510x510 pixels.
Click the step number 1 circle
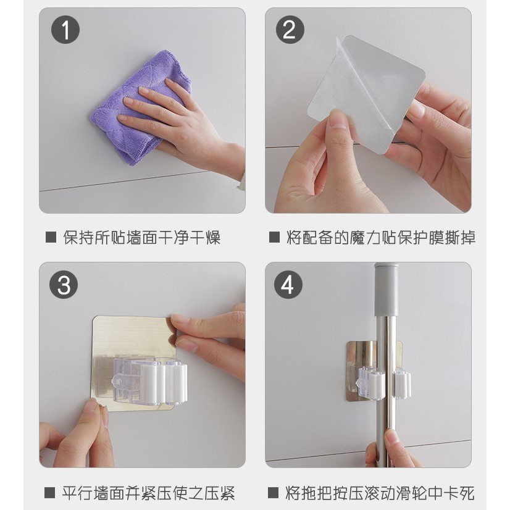65,30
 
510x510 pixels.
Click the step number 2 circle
290,30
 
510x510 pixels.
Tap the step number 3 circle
64,285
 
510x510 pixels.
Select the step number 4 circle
288,285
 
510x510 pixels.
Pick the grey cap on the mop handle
386,290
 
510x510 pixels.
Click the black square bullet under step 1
51,237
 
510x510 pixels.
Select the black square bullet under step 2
274,237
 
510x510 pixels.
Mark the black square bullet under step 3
49,493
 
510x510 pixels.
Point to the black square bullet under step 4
273,493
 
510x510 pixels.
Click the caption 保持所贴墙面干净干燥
142,238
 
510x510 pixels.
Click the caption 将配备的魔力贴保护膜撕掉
381,238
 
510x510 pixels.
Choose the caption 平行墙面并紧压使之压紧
148,493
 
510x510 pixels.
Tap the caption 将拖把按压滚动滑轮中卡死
380,493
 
